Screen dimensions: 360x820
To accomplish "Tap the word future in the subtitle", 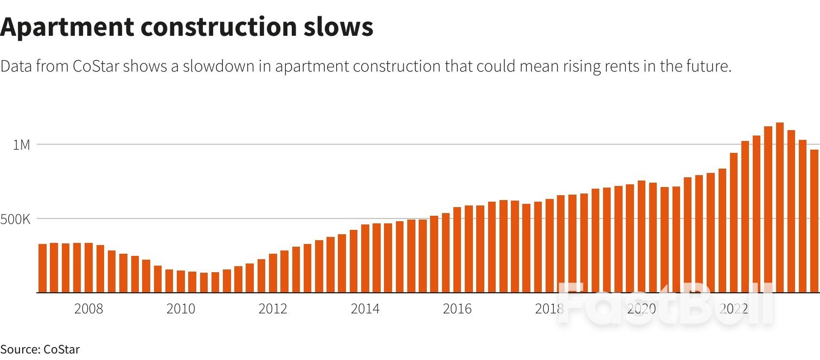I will pyautogui.click(x=712, y=66).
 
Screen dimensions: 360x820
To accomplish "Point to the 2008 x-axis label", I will pyautogui.click(x=88, y=309).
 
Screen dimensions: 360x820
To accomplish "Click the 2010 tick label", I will pyautogui.click(x=181, y=309).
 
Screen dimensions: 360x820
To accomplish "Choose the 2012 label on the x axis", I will pyautogui.click(x=273, y=309).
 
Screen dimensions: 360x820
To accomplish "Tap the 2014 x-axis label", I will pyautogui.click(x=365, y=309).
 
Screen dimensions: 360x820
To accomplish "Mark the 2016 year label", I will pyautogui.click(x=457, y=309).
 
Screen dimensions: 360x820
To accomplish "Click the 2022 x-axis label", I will pyautogui.click(x=734, y=309).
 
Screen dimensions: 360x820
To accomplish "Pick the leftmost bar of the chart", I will pyautogui.click(x=42, y=268).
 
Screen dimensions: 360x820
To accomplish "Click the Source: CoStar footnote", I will pyautogui.click(x=40, y=349).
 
